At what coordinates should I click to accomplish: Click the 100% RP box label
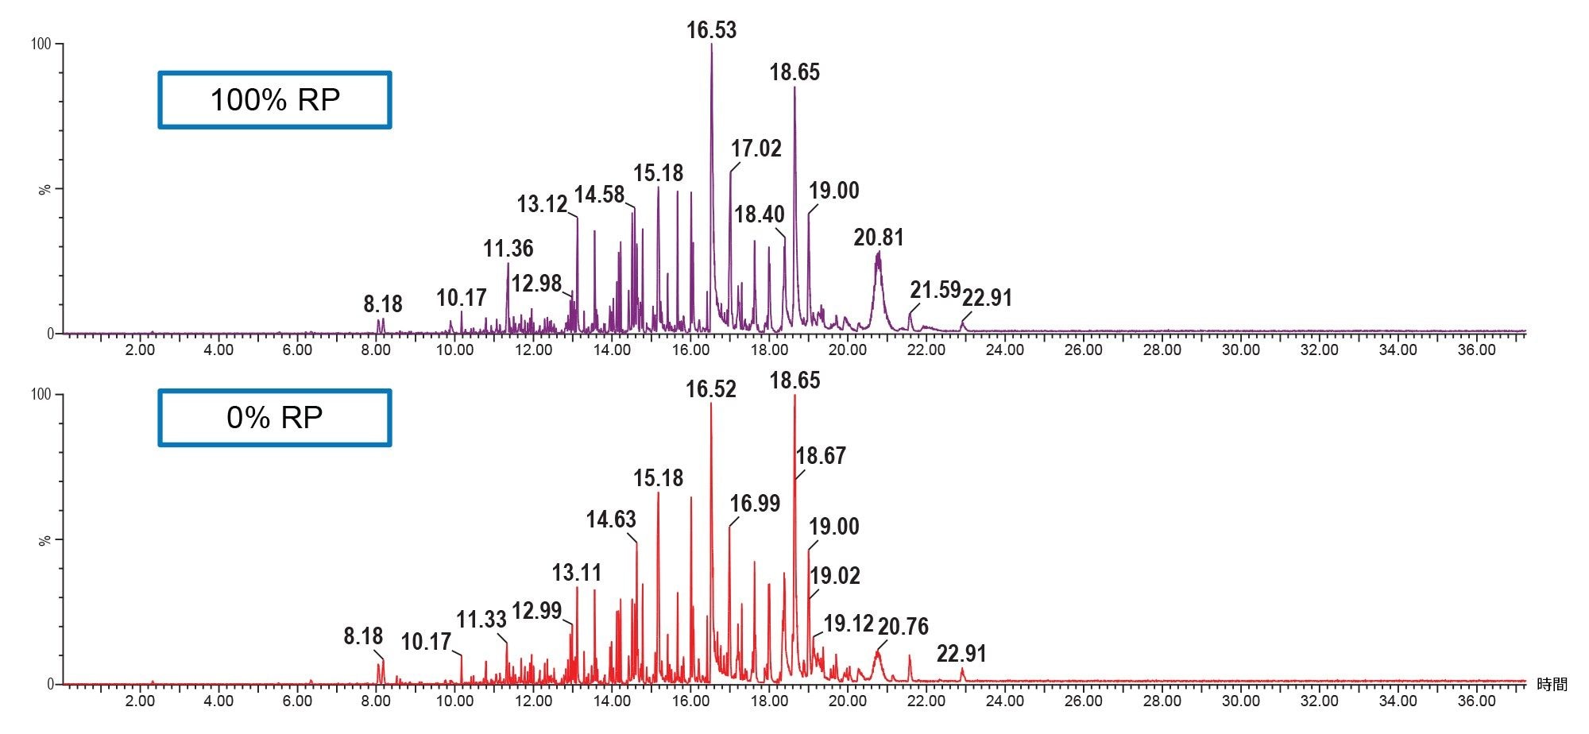[x=275, y=100]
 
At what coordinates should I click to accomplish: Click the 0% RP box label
[x=275, y=418]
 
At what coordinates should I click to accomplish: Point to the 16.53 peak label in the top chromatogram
[x=711, y=30]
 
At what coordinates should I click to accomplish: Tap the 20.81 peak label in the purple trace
[x=878, y=238]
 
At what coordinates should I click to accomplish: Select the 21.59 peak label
[x=935, y=290]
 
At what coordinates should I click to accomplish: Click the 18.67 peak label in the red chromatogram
[x=821, y=456]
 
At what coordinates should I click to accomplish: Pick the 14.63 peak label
[x=611, y=520]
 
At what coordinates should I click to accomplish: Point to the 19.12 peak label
[x=848, y=624]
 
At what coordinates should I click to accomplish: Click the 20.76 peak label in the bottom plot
[x=903, y=627]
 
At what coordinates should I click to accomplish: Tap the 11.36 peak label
[x=508, y=249]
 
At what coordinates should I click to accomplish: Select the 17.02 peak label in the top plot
[x=756, y=149]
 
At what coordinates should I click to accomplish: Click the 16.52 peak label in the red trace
[x=711, y=389]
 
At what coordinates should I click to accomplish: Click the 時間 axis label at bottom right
[x=1551, y=685]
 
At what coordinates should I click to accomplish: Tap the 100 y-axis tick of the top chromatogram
[x=41, y=44]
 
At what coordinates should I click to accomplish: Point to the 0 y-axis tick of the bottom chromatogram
[x=50, y=684]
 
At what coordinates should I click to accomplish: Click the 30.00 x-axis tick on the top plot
[x=1240, y=350]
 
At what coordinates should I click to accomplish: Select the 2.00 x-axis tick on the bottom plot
[x=140, y=701]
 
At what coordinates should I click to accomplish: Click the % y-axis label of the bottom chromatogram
[x=45, y=539]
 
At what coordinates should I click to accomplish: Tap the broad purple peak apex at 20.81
[x=878, y=253]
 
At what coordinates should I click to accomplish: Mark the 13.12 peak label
[x=542, y=204]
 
